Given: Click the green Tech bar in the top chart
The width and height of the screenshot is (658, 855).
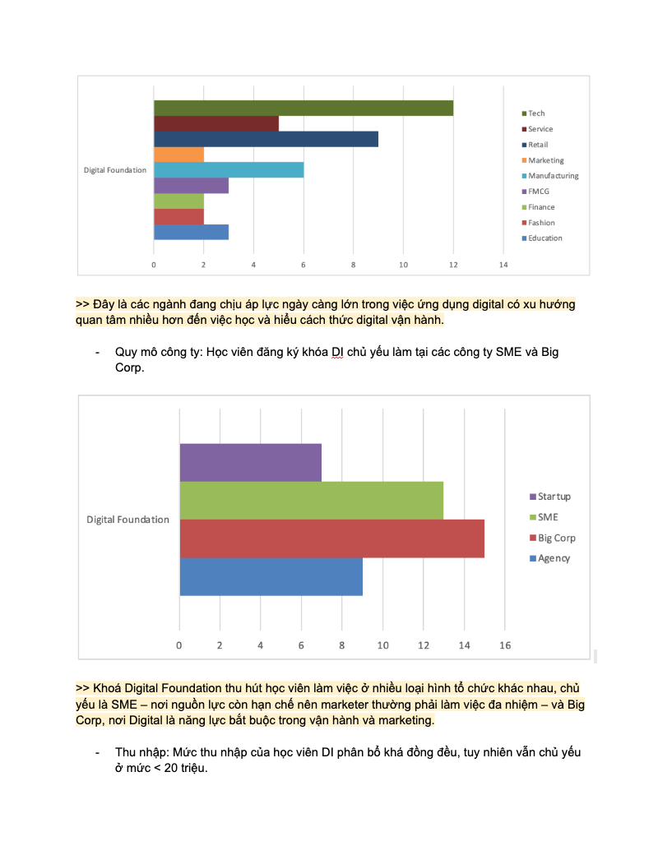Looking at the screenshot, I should click(x=303, y=108).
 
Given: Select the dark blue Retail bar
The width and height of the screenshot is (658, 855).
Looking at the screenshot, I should click(x=266, y=139).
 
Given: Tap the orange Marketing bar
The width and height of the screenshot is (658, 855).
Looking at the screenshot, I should click(x=178, y=155).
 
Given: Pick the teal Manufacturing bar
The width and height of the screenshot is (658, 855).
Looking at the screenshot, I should click(x=229, y=170).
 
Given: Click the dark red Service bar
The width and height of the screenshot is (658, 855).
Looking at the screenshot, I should click(x=215, y=123).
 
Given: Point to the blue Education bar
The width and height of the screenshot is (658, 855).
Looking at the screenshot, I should click(x=191, y=232).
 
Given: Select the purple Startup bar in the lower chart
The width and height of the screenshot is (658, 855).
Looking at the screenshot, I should click(x=250, y=462).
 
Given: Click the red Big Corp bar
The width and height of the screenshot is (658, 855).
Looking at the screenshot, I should click(x=331, y=538).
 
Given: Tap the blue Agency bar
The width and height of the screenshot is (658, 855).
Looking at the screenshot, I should click(x=271, y=576).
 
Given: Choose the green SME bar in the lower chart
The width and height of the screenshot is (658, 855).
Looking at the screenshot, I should click(x=311, y=500).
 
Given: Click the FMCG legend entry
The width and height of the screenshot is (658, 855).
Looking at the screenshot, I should click(x=539, y=192).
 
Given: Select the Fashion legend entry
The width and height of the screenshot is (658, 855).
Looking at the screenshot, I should click(x=541, y=223).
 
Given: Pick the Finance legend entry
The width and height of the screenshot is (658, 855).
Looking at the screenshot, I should click(x=541, y=207).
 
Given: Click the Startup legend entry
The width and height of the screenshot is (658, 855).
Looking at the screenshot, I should click(x=554, y=497).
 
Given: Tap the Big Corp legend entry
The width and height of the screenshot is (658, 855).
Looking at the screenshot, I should click(x=557, y=538).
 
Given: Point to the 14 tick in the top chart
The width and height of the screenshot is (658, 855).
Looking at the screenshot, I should click(x=503, y=265).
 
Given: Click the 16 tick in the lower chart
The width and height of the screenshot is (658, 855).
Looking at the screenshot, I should click(x=505, y=645).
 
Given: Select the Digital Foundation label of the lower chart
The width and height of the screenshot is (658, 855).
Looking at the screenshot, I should click(x=127, y=520).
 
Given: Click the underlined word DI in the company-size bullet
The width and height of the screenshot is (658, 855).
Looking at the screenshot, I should click(x=336, y=352).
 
